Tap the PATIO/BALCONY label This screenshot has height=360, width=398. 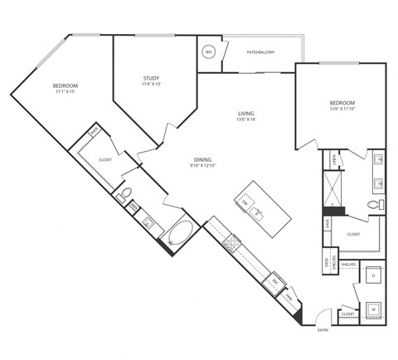pos(260,51)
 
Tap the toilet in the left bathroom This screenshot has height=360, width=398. pos(125,197)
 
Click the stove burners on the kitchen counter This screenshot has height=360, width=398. pos(234,243)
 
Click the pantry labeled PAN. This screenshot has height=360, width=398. pos(289,296)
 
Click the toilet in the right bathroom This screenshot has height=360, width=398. pos(373,204)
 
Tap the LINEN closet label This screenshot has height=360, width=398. pos(333,158)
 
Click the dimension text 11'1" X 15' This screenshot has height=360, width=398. pos(65,92)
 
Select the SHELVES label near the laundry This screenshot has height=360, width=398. pos(348,265)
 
